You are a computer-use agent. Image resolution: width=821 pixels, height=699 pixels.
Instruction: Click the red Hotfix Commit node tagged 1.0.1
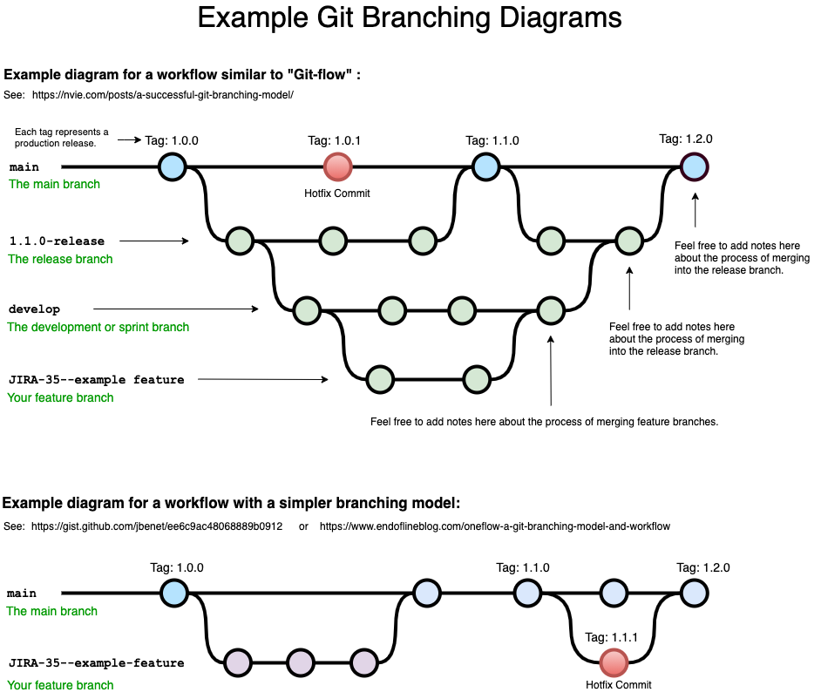click(337, 166)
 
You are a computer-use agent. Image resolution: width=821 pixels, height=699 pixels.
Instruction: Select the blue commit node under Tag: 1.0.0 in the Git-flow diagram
click(173, 166)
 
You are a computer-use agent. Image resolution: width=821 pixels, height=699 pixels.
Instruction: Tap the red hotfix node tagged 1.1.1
click(613, 662)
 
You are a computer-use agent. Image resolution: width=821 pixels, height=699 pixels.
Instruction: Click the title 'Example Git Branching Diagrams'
click(410, 18)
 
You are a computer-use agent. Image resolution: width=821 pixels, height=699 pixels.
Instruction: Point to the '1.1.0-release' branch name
click(57, 241)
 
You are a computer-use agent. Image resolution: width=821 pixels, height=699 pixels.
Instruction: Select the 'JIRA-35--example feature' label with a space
click(96, 379)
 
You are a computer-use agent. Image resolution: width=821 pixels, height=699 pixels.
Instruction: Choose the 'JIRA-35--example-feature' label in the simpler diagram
click(96, 663)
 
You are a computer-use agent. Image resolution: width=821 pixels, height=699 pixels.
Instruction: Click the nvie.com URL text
click(163, 94)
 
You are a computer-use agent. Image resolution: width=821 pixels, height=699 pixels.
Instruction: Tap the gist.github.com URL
click(157, 526)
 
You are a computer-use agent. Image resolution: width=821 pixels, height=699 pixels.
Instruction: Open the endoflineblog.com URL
click(494, 526)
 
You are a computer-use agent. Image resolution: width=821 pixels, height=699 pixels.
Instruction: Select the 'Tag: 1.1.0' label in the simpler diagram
click(523, 567)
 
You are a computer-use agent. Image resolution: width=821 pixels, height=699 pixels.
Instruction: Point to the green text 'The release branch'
click(60, 259)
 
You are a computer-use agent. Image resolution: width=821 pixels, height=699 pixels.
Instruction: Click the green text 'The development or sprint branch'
click(98, 327)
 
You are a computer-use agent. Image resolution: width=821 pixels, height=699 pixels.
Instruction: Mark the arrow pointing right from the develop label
click(175, 309)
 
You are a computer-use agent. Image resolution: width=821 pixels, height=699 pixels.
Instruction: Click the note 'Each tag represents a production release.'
click(61, 137)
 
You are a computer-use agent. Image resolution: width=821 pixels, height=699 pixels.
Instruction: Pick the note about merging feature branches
click(544, 422)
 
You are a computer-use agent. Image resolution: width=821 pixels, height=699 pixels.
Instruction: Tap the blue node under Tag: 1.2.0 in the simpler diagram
click(694, 594)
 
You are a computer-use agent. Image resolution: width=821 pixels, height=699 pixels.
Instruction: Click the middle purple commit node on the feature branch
click(300, 662)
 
